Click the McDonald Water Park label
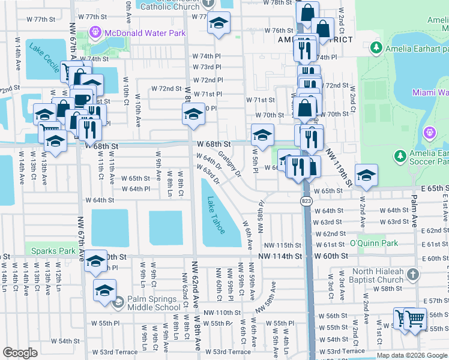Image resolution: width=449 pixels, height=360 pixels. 145,33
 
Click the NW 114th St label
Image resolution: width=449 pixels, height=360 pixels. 280,256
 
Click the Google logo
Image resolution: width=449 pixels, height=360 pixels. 20,353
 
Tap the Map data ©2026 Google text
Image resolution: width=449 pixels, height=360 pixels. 411,355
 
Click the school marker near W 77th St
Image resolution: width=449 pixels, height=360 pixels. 218,24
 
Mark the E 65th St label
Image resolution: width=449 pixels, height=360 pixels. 427,188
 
